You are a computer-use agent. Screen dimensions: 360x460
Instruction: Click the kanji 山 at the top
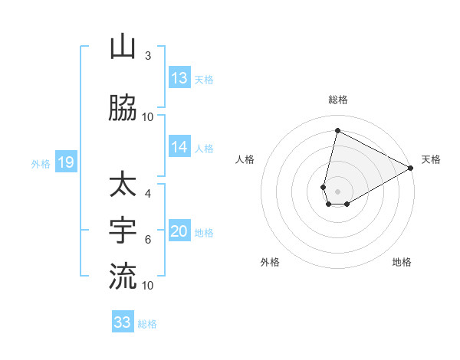click(x=123, y=47)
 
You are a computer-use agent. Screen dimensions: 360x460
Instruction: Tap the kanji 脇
click(x=123, y=109)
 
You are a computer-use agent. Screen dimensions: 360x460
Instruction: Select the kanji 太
click(x=123, y=185)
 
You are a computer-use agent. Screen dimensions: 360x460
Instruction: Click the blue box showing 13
click(x=179, y=78)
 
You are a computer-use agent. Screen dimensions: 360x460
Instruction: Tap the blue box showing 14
click(x=179, y=148)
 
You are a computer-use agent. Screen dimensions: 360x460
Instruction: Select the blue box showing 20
click(x=179, y=232)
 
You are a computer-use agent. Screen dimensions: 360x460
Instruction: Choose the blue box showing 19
click(x=65, y=162)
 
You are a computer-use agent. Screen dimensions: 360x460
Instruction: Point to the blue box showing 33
click(x=123, y=322)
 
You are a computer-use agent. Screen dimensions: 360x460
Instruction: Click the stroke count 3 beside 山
click(x=148, y=56)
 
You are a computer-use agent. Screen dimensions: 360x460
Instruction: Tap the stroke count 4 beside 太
click(x=148, y=194)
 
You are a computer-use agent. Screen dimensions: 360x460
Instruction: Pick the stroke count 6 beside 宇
click(x=148, y=240)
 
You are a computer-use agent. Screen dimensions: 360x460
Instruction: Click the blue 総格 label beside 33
click(x=147, y=324)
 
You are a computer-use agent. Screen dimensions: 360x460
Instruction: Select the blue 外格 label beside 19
click(x=41, y=163)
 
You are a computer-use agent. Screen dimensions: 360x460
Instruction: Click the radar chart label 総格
click(x=337, y=100)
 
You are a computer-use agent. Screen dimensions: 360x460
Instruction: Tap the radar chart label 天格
click(x=431, y=159)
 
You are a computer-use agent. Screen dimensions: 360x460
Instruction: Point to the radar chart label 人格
click(x=245, y=159)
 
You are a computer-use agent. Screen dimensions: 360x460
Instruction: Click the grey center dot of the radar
click(x=338, y=191)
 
